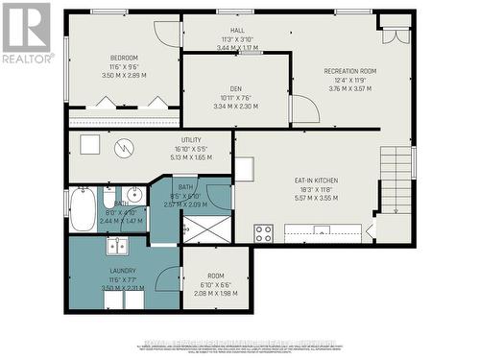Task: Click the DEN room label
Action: click(x=235, y=84)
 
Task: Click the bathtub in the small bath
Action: click(x=83, y=210)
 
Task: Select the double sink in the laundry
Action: click(x=118, y=247)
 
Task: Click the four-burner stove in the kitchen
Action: click(x=264, y=232)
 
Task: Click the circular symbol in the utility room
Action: click(x=123, y=149)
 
